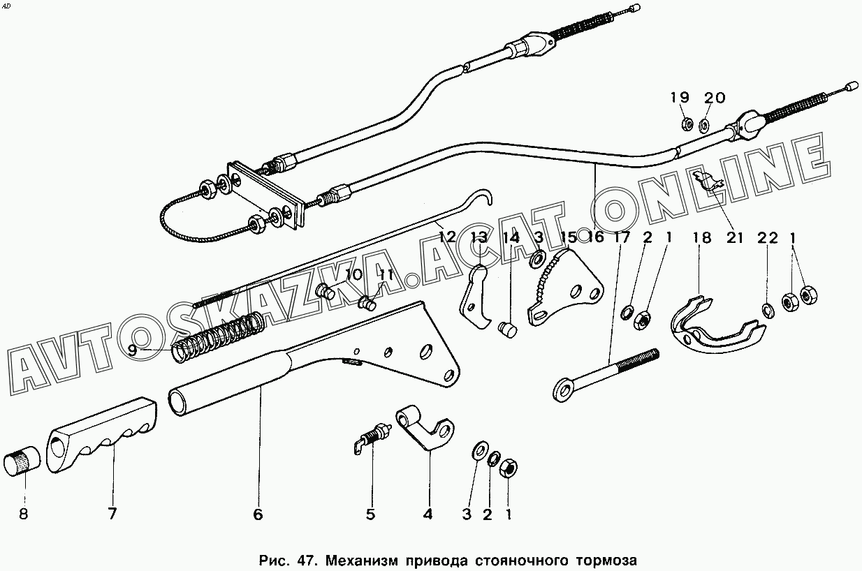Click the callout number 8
click(x=24, y=515)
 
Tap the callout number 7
click(x=112, y=515)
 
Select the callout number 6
click(x=258, y=515)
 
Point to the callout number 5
click(x=370, y=515)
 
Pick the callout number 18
click(x=701, y=238)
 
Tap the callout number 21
click(x=734, y=238)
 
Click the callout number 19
click(x=680, y=98)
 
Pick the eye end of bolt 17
click(x=565, y=391)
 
